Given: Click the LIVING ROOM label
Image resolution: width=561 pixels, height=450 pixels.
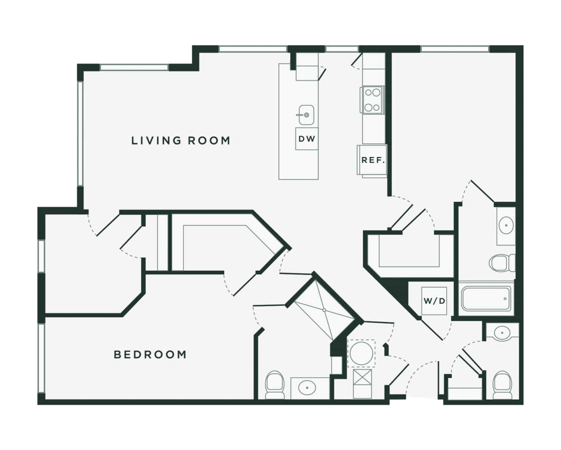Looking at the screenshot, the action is [x=181, y=141].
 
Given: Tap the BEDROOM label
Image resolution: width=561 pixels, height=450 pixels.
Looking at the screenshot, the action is [x=150, y=355].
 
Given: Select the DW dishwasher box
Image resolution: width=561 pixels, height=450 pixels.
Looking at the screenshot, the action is [x=307, y=139].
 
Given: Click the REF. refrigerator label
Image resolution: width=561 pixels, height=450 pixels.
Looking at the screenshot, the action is [x=373, y=160].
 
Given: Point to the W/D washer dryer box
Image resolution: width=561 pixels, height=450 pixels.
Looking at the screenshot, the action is [x=434, y=301].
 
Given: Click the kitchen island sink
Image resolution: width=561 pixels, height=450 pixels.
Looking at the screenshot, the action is [x=306, y=115].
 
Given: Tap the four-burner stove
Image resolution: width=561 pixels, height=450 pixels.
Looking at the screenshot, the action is [x=372, y=100].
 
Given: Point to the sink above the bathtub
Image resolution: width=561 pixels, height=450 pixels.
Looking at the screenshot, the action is [x=506, y=225].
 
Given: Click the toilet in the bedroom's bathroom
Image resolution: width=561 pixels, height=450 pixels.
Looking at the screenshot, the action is [x=275, y=385].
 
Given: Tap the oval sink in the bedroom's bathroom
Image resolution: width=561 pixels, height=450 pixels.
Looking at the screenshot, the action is [x=307, y=388].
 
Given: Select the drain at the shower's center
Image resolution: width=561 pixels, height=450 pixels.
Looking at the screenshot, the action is [x=324, y=310].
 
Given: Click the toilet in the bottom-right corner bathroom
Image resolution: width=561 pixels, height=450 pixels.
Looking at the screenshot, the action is [x=502, y=385].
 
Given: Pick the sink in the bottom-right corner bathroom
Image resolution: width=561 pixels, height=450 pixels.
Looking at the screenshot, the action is [x=502, y=333].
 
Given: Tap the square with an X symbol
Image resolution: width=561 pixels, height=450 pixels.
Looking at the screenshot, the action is [x=362, y=376].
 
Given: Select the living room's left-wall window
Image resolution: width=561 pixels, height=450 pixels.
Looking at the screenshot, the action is [x=80, y=134].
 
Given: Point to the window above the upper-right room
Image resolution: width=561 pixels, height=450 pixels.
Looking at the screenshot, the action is [x=455, y=49].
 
